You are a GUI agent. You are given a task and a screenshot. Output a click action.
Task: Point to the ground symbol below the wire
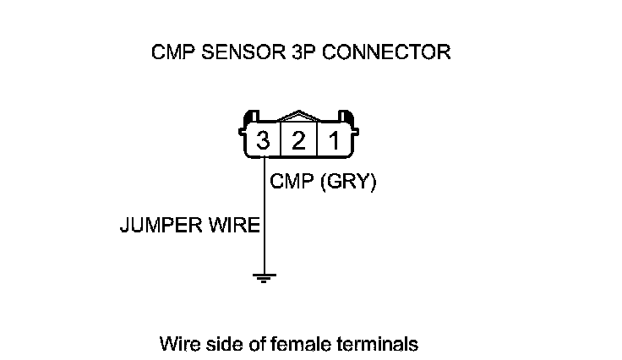pos(265,276)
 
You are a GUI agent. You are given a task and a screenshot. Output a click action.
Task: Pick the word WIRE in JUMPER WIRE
pos(231,226)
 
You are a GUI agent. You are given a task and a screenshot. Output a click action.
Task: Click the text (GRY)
pos(346,182)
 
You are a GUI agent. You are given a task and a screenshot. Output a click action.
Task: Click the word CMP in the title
pos(169,52)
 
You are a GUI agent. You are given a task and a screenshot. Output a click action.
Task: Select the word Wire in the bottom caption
pos(177,345)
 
